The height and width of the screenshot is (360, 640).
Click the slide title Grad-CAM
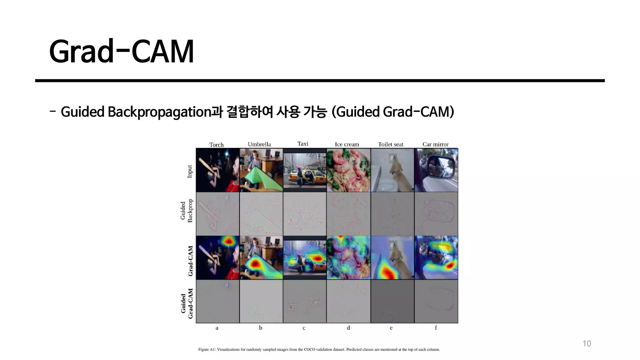click(121, 52)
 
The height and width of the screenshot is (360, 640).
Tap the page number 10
click(587, 344)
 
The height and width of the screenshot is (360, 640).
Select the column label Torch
click(216, 145)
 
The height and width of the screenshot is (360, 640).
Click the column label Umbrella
click(259, 144)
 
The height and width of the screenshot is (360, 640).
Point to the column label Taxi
click(302, 144)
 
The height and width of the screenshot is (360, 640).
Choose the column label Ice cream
click(347, 144)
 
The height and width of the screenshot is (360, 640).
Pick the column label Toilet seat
click(390, 144)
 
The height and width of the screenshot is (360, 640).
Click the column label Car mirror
click(435, 144)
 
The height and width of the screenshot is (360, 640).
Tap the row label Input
click(190, 172)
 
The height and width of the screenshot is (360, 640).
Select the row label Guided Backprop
click(187, 211)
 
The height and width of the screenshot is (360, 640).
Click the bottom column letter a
click(217, 328)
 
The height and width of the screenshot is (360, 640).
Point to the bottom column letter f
click(436, 328)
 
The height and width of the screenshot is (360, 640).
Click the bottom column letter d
click(348, 328)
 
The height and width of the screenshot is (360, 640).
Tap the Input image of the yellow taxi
click(304, 170)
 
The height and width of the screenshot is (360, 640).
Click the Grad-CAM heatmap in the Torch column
click(217, 257)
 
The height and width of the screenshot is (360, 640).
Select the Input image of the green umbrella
click(261, 170)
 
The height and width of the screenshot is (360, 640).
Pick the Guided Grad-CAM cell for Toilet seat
click(392, 301)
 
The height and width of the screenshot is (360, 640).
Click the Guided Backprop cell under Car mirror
click(436, 214)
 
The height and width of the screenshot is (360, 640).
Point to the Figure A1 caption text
click(319, 349)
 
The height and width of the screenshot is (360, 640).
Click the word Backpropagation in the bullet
click(159, 112)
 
